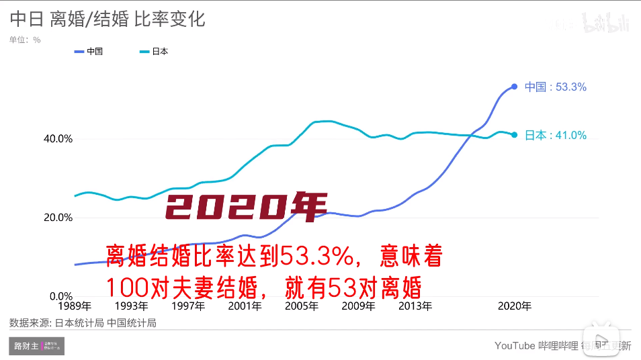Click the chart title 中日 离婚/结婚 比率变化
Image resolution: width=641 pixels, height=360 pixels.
tap(108, 19)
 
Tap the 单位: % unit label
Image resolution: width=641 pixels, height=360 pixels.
tap(25, 40)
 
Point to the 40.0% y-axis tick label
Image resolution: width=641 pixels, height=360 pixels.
tap(58, 139)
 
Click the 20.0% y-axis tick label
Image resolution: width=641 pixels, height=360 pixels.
tap(58, 218)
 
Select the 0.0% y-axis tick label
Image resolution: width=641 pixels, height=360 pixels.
tap(60, 296)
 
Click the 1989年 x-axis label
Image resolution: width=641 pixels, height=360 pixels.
tap(75, 306)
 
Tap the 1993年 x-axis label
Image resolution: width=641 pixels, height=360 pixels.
tap(131, 306)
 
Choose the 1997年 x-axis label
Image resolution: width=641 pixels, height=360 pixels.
tap(188, 306)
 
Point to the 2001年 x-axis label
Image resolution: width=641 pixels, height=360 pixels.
tap(245, 306)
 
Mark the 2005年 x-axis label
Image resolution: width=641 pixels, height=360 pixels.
tap(302, 306)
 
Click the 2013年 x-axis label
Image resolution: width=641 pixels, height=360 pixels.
tap(415, 306)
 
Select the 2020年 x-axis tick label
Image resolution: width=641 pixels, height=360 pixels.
tap(514, 306)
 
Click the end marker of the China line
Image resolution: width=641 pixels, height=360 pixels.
tap(515, 87)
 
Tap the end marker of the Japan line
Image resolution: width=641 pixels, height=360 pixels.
tap(515, 135)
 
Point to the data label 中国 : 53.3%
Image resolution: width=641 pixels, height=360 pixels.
tap(556, 87)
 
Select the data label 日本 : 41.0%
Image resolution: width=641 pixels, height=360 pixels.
tap(556, 135)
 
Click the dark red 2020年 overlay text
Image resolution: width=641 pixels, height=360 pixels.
tap(246, 208)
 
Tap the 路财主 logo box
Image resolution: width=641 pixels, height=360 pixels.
tap(37, 346)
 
